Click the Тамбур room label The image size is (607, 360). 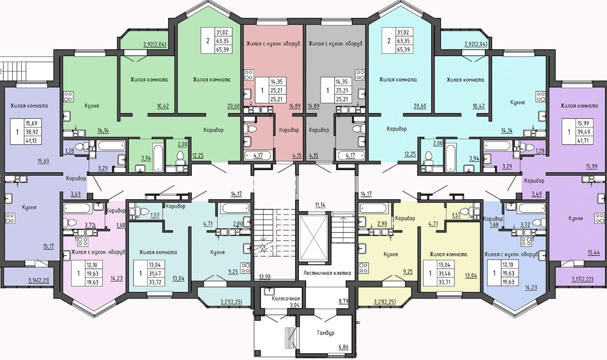(325, 332)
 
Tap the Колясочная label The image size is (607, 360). (286, 299)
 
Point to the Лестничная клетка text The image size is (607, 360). (327, 273)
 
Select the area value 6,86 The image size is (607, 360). (343, 347)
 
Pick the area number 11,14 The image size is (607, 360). (320, 205)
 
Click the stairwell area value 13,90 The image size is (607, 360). (264, 277)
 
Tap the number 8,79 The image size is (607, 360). (343, 301)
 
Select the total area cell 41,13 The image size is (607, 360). (32, 141)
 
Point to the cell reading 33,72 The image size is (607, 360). (155, 282)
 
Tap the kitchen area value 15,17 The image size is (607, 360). (48, 246)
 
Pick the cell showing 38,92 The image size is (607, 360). (32, 132)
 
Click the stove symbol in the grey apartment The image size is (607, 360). (360, 75)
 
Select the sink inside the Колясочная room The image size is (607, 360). (269, 291)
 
